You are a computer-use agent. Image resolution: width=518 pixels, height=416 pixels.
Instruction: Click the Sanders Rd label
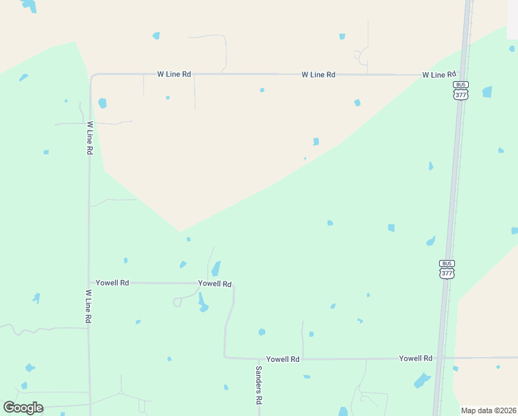click(x=258, y=385)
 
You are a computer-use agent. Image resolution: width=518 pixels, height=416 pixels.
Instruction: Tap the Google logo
click(x=23, y=408)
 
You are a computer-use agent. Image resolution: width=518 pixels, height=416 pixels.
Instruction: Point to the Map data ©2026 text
click(x=488, y=410)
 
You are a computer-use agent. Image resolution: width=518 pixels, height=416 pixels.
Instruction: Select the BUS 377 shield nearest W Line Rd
click(x=461, y=90)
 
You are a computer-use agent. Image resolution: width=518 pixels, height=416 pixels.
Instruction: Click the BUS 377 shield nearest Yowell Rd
click(x=447, y=268)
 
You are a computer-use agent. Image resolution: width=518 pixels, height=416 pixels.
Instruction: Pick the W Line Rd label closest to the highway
click(x=439, y=74)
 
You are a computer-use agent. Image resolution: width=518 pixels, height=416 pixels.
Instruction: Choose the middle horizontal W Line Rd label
click(x=319, y=74)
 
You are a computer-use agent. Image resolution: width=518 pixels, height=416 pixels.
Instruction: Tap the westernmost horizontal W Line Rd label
click(x=174, y=73)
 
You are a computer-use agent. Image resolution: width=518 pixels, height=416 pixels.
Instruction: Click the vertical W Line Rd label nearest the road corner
click(x=90, y=138)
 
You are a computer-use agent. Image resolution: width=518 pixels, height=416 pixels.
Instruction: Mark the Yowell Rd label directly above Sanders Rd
click(x=283, y=359)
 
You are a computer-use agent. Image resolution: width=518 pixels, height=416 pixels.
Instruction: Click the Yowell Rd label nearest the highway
click(x=416, y=358)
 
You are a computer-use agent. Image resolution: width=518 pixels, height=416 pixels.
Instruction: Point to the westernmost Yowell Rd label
click(x=112, y=283)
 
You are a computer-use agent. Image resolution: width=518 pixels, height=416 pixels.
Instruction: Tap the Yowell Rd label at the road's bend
click(x=215, y=284)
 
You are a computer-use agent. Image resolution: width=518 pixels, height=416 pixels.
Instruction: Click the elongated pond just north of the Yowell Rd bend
click(x=216, y=268)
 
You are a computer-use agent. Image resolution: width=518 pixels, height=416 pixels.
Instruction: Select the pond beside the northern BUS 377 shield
click(x=488, y=92)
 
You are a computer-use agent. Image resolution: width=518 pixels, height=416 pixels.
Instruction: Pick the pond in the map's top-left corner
click(x=29, y=6)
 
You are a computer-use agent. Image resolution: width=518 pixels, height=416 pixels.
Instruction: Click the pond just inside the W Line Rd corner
click(x=102, y=103)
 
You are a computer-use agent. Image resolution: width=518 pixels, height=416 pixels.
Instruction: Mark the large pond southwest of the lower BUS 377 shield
click(x=422, y=380)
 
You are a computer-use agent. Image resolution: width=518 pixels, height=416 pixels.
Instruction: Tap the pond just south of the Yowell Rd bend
click(x=202, y=303)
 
